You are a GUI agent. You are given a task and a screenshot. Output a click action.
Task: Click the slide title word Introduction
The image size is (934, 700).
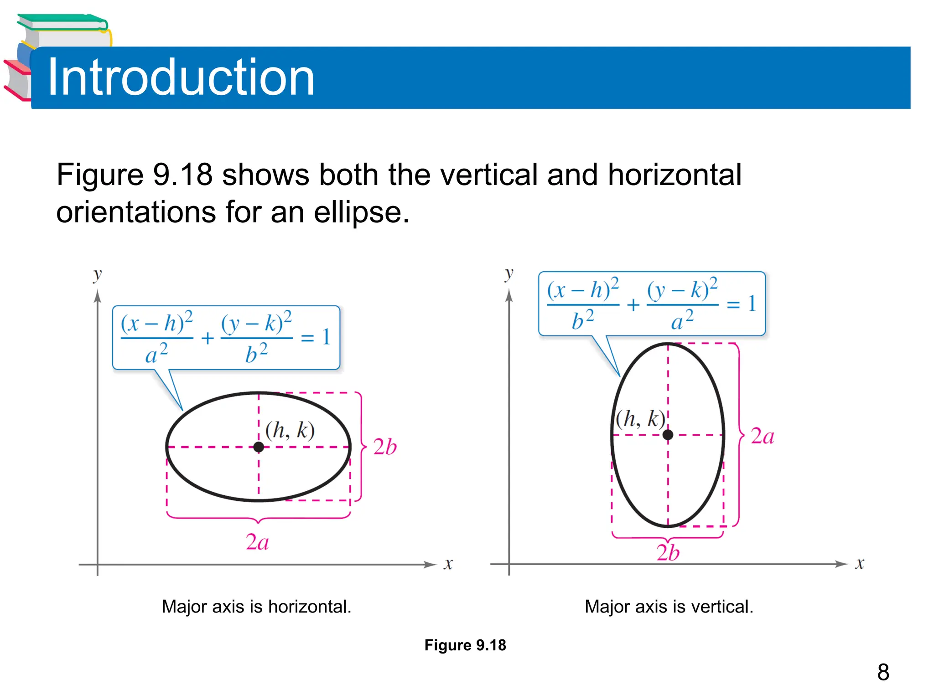(x=181, y=77)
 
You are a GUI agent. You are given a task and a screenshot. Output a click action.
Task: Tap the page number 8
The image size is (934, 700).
(x=883, y=672)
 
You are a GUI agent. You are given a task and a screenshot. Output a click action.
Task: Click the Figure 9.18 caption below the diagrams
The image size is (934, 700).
(x=465, y=645)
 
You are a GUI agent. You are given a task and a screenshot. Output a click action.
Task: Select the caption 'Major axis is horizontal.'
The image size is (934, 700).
(x=256, y=607)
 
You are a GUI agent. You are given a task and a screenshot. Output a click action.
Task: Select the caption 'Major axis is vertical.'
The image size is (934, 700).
(x=669, y=607)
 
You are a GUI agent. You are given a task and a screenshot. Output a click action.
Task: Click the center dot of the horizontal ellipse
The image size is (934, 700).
(x=259, y=447)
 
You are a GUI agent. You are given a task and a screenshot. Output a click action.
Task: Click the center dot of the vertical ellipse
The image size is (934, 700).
(x=668, y=435)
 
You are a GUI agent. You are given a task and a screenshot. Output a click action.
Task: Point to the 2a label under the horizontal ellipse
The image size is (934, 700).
(x=257, y=542)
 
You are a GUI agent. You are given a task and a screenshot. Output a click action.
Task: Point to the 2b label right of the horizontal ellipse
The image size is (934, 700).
(x=385, y=447)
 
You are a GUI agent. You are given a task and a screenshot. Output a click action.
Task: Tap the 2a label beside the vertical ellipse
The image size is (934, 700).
(x=763, y=436)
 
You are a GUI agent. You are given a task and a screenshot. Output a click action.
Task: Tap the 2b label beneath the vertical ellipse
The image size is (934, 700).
(x=668, y=553)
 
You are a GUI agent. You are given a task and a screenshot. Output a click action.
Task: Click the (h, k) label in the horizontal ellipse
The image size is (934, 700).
(x=290, y=430)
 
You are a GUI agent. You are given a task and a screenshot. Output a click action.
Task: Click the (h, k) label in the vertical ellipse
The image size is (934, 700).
(x=640, y=418)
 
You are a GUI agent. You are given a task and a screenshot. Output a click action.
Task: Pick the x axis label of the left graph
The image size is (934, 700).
(x=448, y=564)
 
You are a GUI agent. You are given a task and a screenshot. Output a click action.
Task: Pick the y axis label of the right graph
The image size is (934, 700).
(x=509, y=274)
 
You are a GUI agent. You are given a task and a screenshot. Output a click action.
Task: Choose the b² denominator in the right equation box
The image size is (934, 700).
(x=583, y=320)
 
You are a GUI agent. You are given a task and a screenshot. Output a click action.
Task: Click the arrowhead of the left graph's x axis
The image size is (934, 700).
(x=431, y=565)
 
